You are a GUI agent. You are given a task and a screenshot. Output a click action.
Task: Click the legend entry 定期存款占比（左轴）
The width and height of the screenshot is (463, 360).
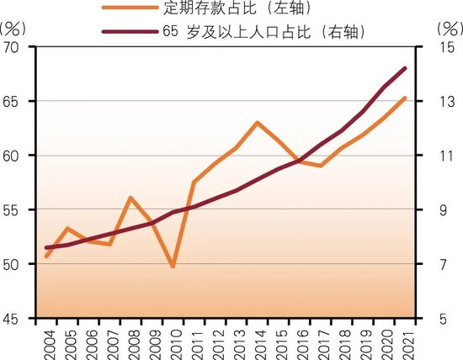[x=228, y=10]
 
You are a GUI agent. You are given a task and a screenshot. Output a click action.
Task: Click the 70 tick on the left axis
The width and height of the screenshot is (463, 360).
[x=15, y=47]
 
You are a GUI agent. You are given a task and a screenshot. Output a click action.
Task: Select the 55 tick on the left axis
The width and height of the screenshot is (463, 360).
[x=15, y=209]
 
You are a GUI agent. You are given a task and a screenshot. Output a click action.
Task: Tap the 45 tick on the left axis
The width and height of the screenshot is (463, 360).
[x=15, y=318]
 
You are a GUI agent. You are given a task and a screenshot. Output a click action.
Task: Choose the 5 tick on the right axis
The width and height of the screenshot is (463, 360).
[x=447, y=318]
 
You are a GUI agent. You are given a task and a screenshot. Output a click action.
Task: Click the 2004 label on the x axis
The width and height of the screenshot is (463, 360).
[x=47, y=340]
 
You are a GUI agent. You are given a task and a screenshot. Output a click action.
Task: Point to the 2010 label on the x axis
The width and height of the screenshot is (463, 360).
[x=173, y=340]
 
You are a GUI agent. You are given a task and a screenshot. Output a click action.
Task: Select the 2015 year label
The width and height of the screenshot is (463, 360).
[x=279, y=340]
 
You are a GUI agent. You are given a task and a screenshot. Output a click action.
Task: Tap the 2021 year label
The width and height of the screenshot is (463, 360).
[x=405, y=340]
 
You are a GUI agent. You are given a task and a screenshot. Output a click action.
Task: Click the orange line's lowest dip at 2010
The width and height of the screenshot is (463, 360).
[x=173, y=266]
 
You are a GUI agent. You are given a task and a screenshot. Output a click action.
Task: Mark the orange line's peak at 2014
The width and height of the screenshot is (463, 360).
[x=258, y=123]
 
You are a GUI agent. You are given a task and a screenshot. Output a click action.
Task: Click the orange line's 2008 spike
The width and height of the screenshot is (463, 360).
[x=131, y=198]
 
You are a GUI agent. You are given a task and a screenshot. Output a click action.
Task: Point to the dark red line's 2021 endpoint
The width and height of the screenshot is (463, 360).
[x=405, y=68]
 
